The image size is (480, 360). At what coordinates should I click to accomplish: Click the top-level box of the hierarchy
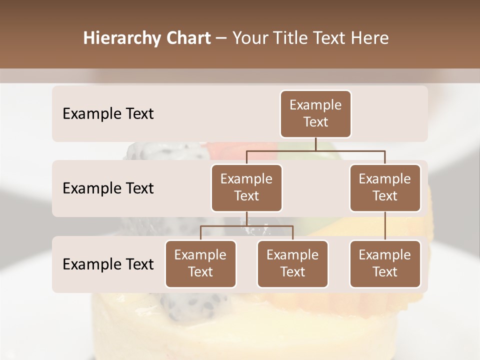(x=315, y=114)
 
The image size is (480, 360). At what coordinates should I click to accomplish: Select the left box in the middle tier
(x=246, y=188)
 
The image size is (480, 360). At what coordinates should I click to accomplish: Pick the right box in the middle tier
(x=385, y=188)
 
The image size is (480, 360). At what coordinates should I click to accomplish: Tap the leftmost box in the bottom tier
(x=200, y=264)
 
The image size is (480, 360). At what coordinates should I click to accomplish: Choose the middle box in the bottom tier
(x=292, y=264)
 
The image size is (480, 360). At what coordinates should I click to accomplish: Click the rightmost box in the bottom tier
(x=385, y=264)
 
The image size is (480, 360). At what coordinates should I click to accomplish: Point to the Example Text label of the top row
(x=108, y=114)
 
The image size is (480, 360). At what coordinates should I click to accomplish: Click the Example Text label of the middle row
(x=108, y=188)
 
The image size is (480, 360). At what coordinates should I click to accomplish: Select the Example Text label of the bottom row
(x=108, y=264)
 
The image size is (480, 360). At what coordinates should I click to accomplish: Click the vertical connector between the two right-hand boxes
(x=385, y=226)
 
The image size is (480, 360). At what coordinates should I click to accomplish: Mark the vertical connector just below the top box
(x=315, y=144)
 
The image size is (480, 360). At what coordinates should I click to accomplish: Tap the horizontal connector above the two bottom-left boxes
(x=246, y=226)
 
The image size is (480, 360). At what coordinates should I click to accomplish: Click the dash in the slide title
(x=221, y=38)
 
